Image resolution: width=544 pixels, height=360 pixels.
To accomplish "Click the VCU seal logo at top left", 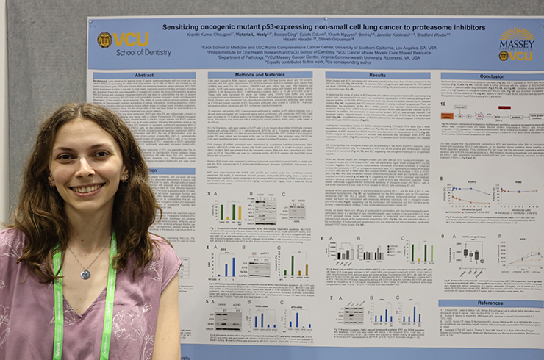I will (104, 40).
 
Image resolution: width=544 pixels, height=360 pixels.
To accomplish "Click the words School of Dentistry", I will (139, 52).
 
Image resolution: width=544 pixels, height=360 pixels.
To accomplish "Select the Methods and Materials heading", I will (260, 75).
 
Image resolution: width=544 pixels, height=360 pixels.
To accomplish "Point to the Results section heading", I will (376, 75).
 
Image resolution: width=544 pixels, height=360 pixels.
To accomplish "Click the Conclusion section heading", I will (491, 76).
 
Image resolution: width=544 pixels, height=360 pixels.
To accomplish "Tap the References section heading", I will (491, 302).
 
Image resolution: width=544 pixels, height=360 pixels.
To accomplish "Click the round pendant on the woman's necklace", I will (85, 274).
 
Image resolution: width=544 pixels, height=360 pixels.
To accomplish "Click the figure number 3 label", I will (210, 194).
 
